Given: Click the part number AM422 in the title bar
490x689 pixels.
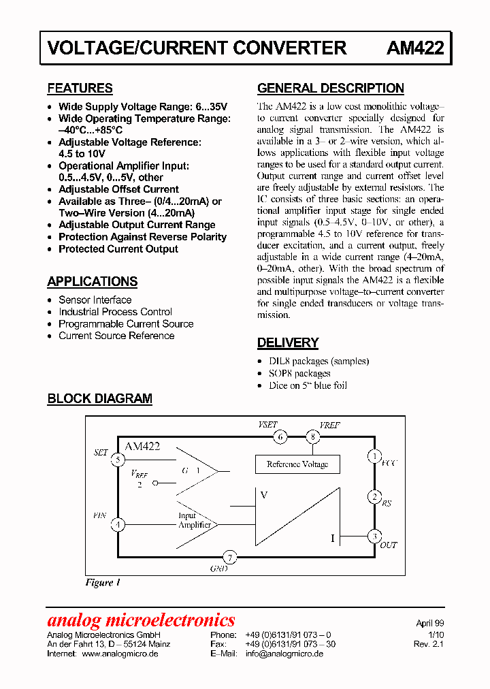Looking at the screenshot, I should (x=415, y=48).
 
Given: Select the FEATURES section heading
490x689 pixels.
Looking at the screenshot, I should (x=80, y=88).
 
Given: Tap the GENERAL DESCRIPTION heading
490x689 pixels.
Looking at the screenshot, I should (x=330, y=88).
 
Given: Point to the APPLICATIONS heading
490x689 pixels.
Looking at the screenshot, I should (x=92, y=281).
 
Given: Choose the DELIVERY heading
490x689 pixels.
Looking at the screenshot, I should (x=287, y=342).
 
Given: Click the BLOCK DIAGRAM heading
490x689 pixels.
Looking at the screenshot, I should (x=99, y=399).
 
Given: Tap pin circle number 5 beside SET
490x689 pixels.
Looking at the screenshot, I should (x=118, y=460).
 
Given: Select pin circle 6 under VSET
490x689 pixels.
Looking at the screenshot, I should (x=280, y=436).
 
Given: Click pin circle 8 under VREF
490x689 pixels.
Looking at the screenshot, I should (x=312, y=436).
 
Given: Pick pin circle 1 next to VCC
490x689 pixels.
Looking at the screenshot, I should (x=374, y=455).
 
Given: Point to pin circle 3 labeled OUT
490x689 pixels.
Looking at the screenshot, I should (x=374, y=536).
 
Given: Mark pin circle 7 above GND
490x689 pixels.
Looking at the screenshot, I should (x=230, y=558).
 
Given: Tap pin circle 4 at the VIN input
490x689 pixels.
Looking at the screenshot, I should (x=118, y=525).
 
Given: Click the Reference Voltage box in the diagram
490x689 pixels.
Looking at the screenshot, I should (x=297, y=464).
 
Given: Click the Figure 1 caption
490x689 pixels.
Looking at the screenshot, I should (x=103, y=583).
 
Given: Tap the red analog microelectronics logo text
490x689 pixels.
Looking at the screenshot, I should (x=141, y=620).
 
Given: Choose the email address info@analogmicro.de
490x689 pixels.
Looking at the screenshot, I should (x=284, y=654).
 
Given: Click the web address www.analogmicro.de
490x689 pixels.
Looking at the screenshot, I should (x=120, y=654).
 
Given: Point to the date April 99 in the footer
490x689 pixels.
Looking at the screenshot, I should (x=430, y=623).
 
